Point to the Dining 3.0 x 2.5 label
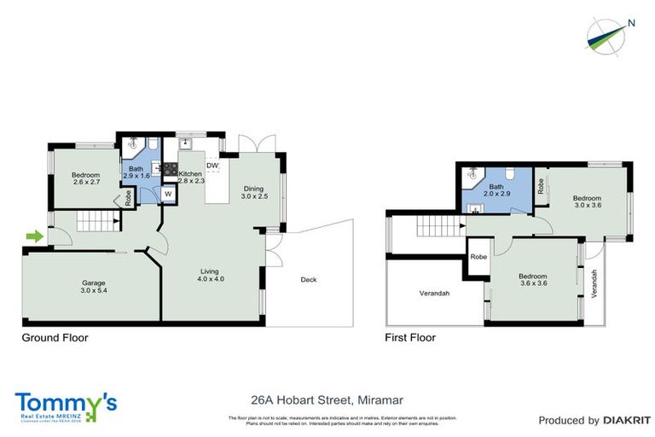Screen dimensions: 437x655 (x=254, y=192)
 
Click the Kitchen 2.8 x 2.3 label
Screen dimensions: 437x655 (x=191, y=178)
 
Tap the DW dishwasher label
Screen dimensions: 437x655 (x=212, y=166)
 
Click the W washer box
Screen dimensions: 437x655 (x=168, y=194)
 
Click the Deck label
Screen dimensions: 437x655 (x=310, y=279)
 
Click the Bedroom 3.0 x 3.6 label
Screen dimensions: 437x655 (x=587, y=201)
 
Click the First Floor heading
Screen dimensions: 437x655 (x=411, y=337)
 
